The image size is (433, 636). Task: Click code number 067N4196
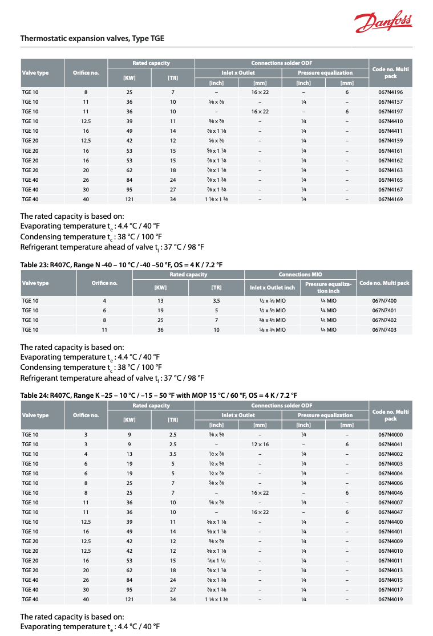click(390, 92)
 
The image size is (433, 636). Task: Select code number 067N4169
click(390, 199)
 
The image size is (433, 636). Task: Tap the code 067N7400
click(384, 300)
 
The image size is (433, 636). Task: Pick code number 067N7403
click(384, 329)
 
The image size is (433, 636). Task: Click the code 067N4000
click(390, 434)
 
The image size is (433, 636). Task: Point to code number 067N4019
click(390, 599)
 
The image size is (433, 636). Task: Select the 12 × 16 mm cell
click(260, 444)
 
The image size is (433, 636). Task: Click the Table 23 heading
click(121, 265)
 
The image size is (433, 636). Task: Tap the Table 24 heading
click(159, 396)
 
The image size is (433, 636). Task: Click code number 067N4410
click(390, 121)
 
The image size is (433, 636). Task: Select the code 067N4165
click(390, 180)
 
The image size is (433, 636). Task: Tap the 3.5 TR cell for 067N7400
click(216, 300)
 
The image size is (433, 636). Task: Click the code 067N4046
click(390, 492)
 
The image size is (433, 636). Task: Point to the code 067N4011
click(390, 560)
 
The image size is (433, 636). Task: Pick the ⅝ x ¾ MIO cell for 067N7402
click(272, 320)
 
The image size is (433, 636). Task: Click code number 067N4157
click(390, 102)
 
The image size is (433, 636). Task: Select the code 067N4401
click(390, 531)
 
